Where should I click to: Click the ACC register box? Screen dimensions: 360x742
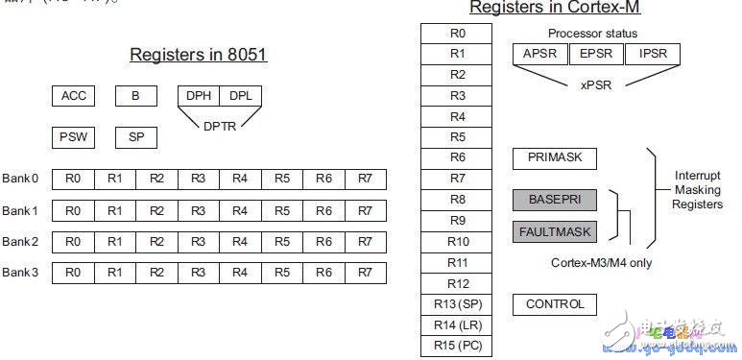point(73,96)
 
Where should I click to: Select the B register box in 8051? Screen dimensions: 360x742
point(135,96)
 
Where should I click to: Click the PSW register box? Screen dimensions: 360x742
point(73,137)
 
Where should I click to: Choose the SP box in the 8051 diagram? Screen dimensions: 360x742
point(135,137)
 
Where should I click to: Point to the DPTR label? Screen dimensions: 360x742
point(219,125)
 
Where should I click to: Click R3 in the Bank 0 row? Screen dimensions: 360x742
point(199,179)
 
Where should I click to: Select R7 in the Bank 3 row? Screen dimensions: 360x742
point(366,273)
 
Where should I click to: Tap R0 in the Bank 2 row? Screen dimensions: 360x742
point(73,241)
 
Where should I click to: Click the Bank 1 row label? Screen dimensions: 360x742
point(20,210)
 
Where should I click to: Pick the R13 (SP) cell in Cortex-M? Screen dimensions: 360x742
point(458,304)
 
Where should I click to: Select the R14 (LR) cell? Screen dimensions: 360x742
point(458,325)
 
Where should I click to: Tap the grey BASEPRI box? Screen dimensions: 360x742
point(555,200)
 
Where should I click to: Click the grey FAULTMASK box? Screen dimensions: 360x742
point(555,231)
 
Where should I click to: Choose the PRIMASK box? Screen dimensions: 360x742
point(555,157)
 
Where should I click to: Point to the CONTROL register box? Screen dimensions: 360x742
point(555,304)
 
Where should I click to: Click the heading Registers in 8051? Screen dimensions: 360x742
point(199,55)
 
